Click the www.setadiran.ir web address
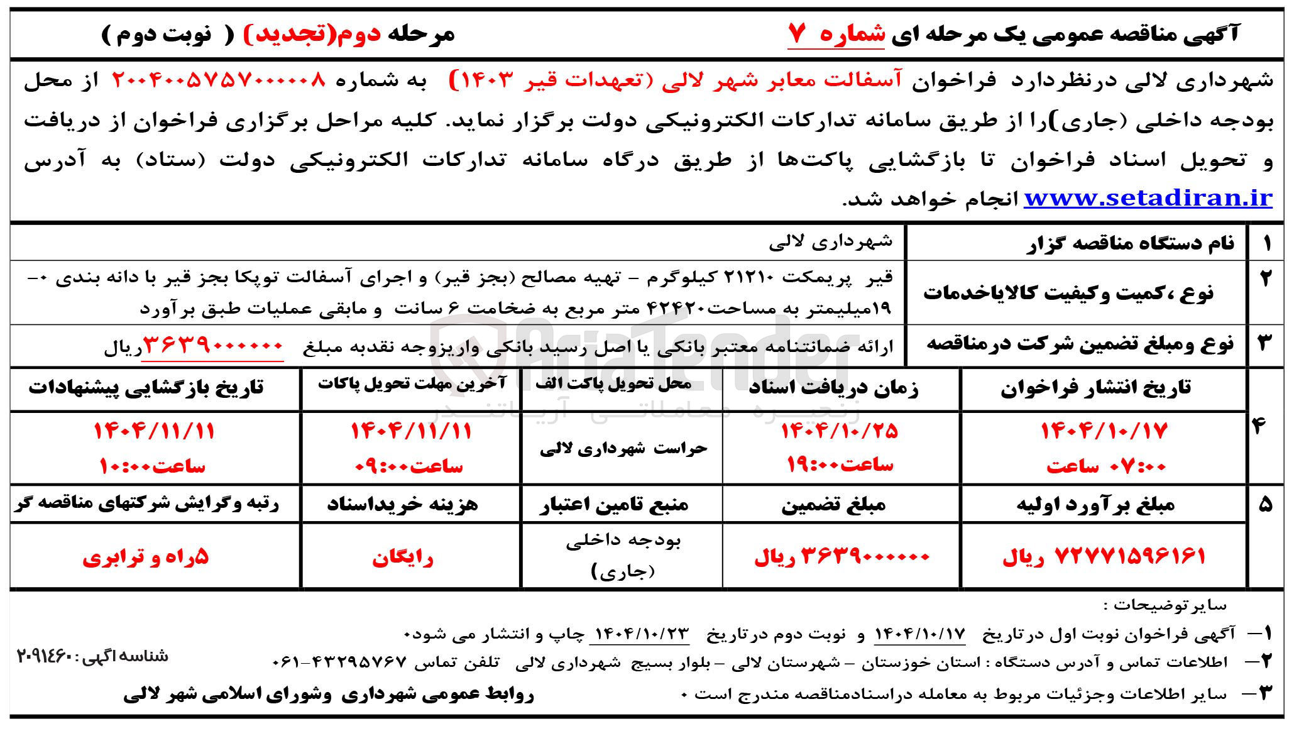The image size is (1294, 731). pos(1148,199)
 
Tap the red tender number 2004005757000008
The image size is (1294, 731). pos(219,80)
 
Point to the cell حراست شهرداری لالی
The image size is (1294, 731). pos(623,448)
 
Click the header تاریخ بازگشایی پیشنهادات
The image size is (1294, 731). pos(146,388)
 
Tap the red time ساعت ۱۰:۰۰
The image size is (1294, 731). pos(153,466)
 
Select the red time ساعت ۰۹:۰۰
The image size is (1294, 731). pos(409,466)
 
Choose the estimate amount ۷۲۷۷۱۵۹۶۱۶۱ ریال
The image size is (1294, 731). pos(1104,556)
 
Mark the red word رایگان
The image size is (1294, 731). pos(403,558)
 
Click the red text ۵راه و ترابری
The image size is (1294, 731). pos(146,558)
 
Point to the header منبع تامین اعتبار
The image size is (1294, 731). pos(614,505)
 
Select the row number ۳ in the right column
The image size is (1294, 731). pos(1264,343)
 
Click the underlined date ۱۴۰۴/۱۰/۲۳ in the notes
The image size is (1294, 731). pos(639,632)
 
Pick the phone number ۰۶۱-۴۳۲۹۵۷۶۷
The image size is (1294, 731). pos(341,662)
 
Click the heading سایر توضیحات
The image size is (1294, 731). pos(1168,605)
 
